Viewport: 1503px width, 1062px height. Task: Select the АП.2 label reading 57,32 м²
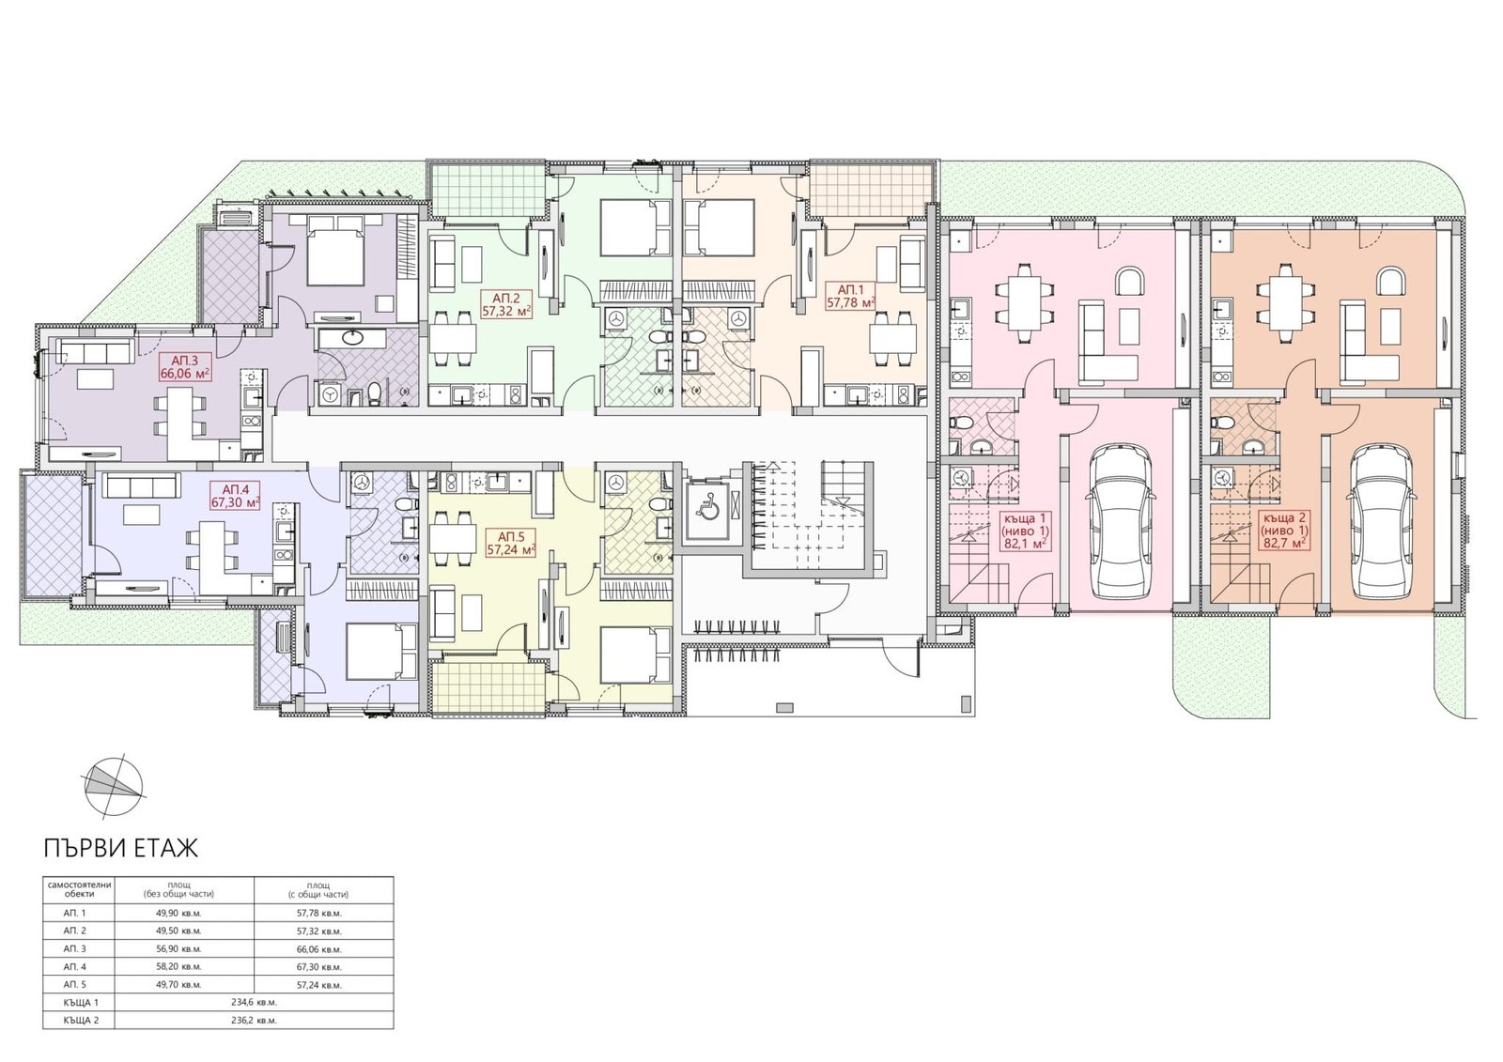click(507, 303)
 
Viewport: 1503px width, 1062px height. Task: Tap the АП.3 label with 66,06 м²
click(185, 366)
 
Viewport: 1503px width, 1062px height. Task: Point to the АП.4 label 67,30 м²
click(234, 495)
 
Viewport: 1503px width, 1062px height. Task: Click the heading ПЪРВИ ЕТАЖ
click(121, 848)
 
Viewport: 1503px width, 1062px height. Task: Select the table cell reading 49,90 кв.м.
click(178, 913)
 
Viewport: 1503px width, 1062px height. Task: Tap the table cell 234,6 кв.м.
click(255, 1002)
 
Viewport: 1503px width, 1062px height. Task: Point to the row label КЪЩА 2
click(79, 1021)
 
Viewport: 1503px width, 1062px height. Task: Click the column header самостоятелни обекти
click(79, 889)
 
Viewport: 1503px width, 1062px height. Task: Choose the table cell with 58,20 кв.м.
click(178, 967)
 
